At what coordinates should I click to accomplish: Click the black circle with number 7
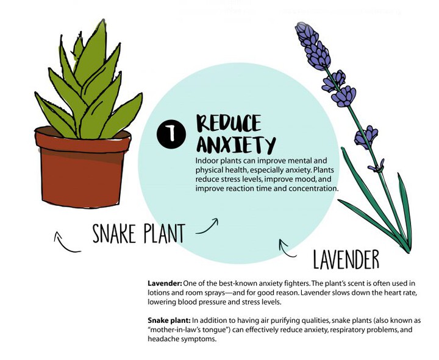(171, 134)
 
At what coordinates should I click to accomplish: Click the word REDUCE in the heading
(229, 123)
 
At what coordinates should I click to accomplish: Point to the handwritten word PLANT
(165, 233)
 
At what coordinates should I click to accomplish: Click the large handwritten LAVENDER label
(346, 259)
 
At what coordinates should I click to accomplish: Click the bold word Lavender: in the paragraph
(165, 283)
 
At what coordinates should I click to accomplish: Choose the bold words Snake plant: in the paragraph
(169, 320)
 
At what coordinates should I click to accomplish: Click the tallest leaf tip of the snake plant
(104, 19)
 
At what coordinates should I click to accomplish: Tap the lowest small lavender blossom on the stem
(377, 166)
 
